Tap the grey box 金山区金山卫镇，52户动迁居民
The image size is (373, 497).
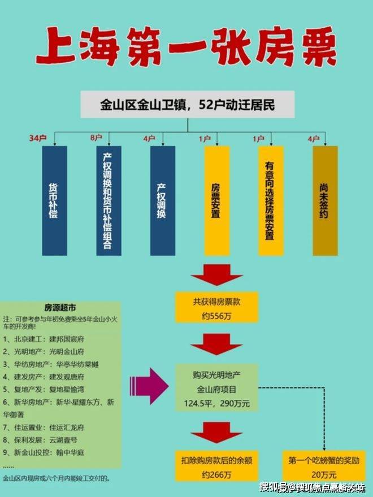pos(187,106)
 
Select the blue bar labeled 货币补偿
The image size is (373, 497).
pos(54,200)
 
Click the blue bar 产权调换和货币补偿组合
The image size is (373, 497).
pos(109,200)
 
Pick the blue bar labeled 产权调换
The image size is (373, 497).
pos(163,200)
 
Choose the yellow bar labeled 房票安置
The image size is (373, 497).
pos(217,200)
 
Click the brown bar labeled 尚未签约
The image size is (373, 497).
pos(325,200)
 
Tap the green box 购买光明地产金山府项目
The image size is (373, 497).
pos(217,389)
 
